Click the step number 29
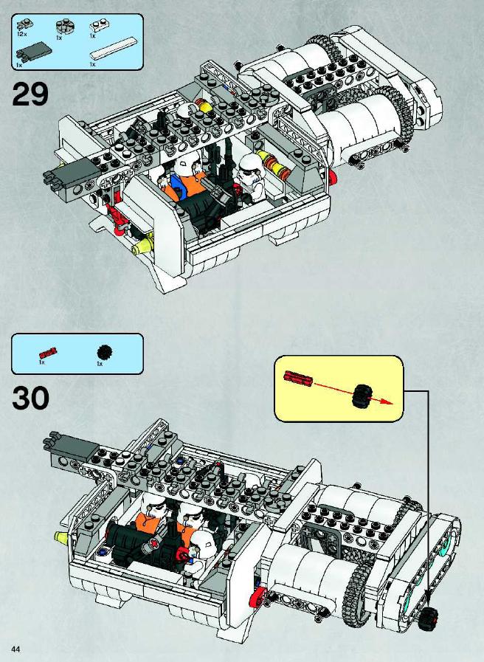[30, 94]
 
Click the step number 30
[30, 398]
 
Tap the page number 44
[15, 649]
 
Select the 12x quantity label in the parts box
[22, 33]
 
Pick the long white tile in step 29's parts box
[114, 49]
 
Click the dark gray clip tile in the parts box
[33, 51]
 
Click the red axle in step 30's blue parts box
[48, 353]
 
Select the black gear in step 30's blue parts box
[104, 352]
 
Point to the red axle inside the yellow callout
[298, 378]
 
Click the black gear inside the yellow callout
[362, 396]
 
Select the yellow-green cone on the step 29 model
[142, 245]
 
